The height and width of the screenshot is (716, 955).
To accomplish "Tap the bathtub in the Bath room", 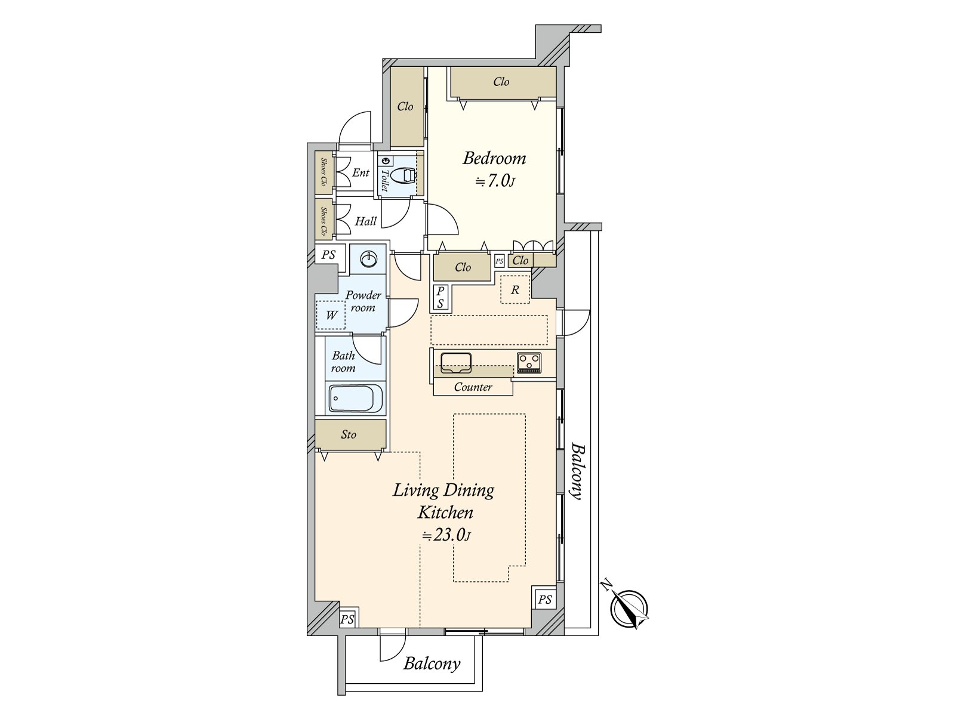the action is [356, 398].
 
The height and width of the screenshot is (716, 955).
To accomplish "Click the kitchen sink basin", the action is [456, 363].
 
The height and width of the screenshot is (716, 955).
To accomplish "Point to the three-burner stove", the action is [529, 363].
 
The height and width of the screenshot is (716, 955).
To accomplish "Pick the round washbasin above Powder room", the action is [368, 259].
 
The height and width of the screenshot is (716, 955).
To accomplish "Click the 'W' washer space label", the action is [331, 315].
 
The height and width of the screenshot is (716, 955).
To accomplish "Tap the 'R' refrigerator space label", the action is [515, 290].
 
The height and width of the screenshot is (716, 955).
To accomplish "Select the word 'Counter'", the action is [473, 387].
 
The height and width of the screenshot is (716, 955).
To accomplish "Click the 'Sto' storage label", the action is [349, 434].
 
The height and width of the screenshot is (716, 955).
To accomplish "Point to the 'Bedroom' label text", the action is [494, 158].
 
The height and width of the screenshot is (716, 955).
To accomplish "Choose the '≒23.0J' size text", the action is [446, 535].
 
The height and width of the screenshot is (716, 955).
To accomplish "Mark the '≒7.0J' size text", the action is [495, 181].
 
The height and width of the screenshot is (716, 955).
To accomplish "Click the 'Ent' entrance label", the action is [361, 172].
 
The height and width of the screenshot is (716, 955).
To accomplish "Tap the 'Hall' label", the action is [365, 221].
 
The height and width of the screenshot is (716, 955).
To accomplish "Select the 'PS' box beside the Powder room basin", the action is [329, 255].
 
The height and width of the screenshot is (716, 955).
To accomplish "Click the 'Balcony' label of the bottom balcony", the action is [432, 664].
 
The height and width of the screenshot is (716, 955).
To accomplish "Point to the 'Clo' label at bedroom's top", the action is [501, 82].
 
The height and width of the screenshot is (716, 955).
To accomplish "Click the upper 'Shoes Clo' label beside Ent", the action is [324, 172].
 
